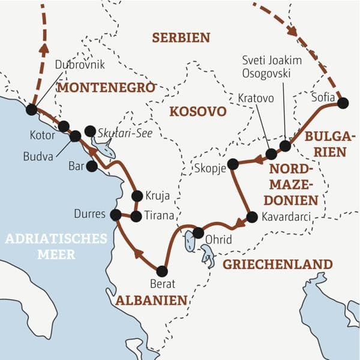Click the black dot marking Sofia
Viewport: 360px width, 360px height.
coord(343,103)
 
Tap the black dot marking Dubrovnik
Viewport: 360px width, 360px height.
coord(31,109)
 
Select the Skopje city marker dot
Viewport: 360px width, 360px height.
coord(233,164)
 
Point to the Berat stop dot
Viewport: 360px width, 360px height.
coord(161,271)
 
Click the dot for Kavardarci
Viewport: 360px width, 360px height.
coord(252,217)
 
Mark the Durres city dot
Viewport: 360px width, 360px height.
coord(116,214)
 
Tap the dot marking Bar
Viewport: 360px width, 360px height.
coord(91,167)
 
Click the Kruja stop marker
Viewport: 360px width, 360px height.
coord(137,196)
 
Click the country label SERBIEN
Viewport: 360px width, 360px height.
coord(181,37)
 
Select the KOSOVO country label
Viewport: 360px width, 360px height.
coord(197,111)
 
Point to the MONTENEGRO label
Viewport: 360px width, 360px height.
coord(106,88)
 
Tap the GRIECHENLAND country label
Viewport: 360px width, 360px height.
coord(277,264)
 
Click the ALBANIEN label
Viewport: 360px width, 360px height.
coord(152,300)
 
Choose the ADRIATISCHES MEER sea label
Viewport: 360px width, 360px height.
coord(56,247)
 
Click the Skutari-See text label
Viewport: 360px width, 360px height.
coord(121,131)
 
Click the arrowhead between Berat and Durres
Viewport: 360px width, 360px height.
coord(138,253)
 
